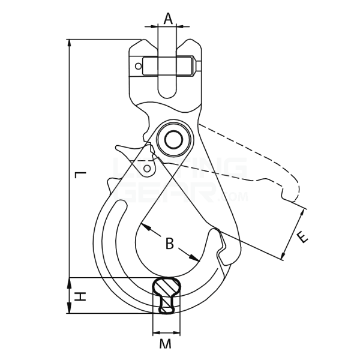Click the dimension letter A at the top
168,19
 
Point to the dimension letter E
304,237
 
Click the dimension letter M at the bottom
166,344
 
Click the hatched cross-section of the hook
166,295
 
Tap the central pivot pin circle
173,140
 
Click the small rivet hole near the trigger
146,169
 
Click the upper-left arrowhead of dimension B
144,227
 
